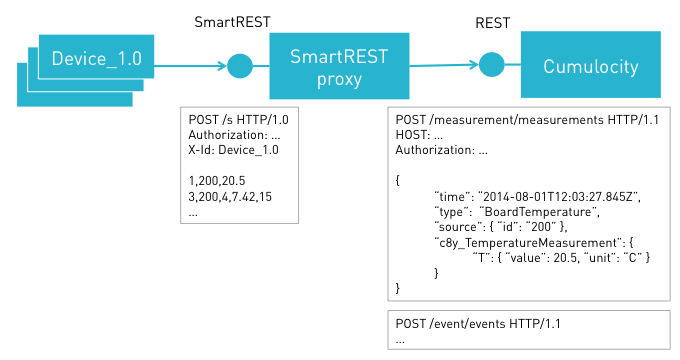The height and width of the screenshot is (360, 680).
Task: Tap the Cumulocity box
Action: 592,67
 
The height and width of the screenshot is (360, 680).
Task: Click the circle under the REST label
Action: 490,67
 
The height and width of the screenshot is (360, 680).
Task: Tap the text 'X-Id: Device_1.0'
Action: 233,150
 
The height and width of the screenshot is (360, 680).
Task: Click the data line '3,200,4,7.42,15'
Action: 230,197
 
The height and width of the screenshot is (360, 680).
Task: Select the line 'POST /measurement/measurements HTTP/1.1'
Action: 520,121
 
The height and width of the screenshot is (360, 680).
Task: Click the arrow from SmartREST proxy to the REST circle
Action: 445,66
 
